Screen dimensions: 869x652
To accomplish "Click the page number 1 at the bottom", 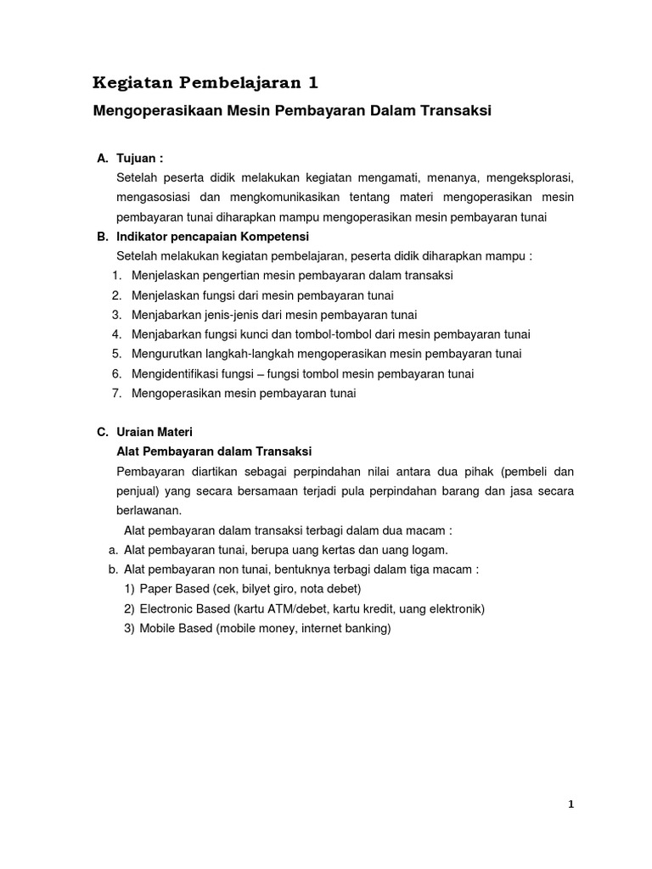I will (x=571, y=805).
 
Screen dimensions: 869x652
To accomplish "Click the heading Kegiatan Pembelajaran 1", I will (x=207, y=82).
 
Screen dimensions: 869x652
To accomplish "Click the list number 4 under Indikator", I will (x=115, y=334).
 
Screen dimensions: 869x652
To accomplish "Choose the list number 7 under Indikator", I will (x=115, y=393).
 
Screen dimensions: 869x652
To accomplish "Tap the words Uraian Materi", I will (x=154, y=432).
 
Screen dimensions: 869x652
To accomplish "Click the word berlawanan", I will (x=148, y=510).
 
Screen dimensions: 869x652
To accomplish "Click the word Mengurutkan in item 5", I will (x=166, y=353).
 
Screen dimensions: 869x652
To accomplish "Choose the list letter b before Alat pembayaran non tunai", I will (x=113, y=569).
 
